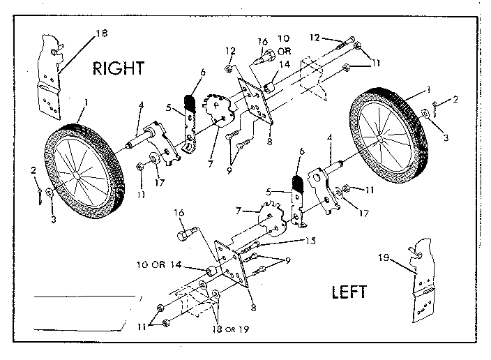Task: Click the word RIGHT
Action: (x=119, y=68)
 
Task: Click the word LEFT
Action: (x=349, y=292)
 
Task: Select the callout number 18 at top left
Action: (x=101, y=33)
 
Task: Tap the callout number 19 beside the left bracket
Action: (x=384, y=257)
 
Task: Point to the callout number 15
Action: (x=310, y=241)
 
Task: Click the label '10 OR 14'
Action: (x=159, y=264)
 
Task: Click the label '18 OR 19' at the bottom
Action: (x=230, y=329)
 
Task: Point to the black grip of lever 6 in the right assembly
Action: (x=190, y=100)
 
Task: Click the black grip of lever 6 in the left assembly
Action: (x=298, y=183)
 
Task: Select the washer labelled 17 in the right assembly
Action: (x=154, y=158)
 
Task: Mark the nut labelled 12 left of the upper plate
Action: (x=229, y=68)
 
